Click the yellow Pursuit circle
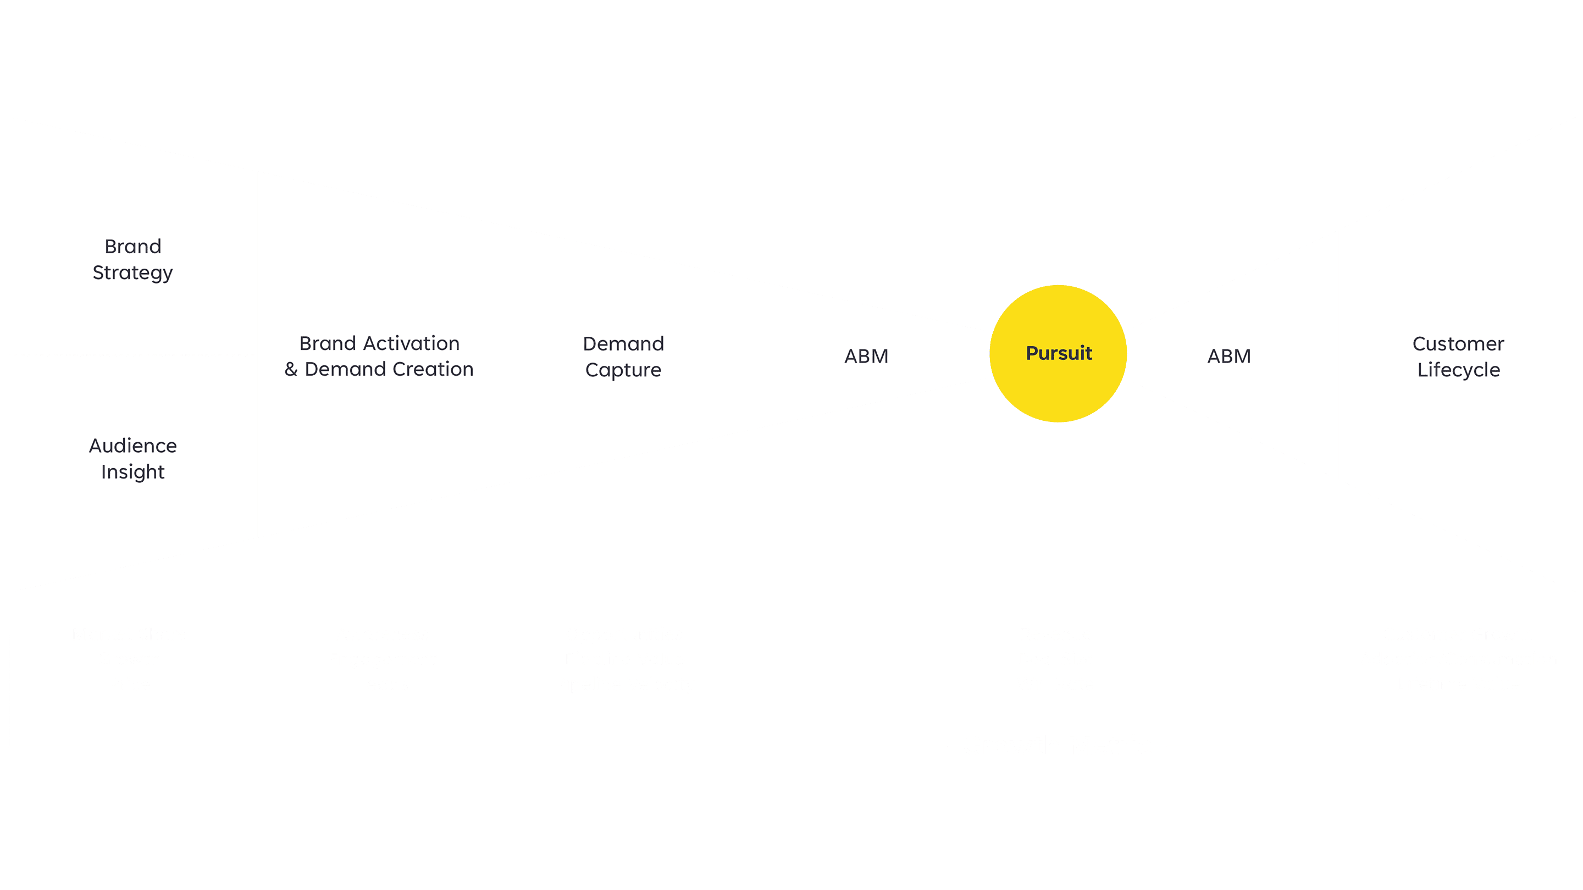[1058, 353]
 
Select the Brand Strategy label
[132, 259]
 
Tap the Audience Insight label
[132, 458]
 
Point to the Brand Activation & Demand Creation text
[379, 356]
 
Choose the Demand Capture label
[623, 356]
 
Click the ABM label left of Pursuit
[866, 356]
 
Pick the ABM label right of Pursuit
[1228, 356]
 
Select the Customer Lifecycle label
[1458, 356]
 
